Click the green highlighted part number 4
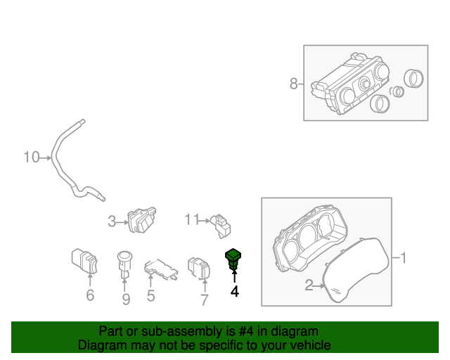coord(233,259)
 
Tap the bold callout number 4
coord(234,291)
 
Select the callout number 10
coord(31,157)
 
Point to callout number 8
coord(293,84)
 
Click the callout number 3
coord(112,222)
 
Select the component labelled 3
coord(142,219)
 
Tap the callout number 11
coord(192,219)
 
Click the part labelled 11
coord(221,226)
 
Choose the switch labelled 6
coord(84,261)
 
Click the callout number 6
coord(90,295)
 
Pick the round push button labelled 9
coord(124,264)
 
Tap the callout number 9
coord(126,299)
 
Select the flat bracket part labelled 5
coord(161,269)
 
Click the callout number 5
coord(151,296)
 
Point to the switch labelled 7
coord(199,268)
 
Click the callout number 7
coord(204,300)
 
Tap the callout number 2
coord(309,285)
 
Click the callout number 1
coord(403,257)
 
